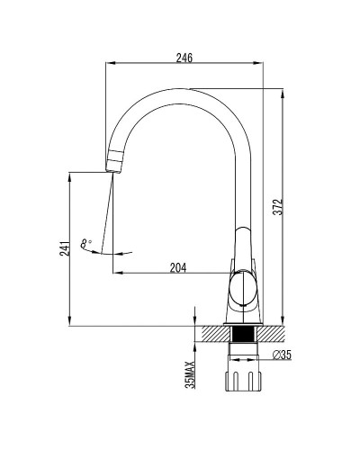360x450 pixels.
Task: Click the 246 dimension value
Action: click(x=184, y=58)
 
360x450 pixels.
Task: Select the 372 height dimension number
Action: click(x=278, y=206)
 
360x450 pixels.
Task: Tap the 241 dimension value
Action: click(x=65, y=247)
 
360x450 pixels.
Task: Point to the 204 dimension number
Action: click(x=178, y=267)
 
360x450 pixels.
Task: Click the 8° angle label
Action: click(x=85, y=243)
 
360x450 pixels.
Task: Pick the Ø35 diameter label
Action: click(x=282, y=355)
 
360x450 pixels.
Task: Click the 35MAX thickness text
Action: click(x=190, y=374)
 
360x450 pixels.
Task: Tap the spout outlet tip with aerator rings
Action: click(x=114, y=161)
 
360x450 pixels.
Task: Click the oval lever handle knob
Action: click(x=243, y=287)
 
